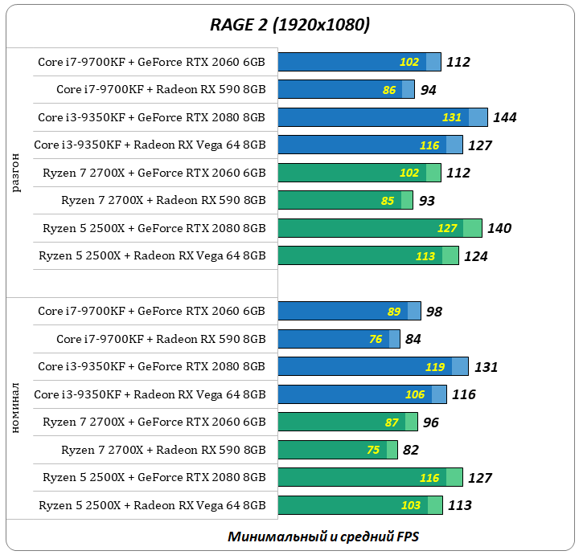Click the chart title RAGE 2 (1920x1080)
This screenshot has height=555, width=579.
289,25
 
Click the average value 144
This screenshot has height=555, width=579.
504,117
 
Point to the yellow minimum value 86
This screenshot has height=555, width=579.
389,90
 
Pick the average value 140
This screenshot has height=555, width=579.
499,228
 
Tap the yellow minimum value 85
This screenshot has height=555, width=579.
388,201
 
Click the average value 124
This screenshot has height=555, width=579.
475,256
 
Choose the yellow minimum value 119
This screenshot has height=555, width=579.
435,367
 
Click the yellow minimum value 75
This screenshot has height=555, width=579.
374,451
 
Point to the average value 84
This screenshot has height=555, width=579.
413,340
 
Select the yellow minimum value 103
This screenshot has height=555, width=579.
411,506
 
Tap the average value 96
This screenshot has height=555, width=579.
431,422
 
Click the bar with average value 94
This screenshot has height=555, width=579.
346,90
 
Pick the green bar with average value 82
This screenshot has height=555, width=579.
337,451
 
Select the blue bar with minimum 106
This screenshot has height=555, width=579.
362,394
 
